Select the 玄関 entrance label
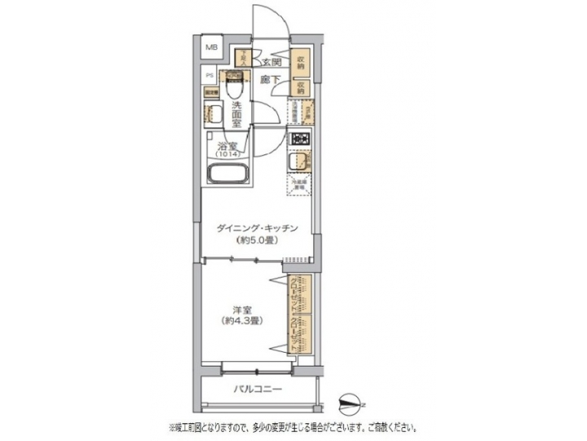271,62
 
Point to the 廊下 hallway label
271,79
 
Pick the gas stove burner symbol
299,139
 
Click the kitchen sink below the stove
298,163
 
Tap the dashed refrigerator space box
298,185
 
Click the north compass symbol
351,402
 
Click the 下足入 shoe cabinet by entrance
242,58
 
